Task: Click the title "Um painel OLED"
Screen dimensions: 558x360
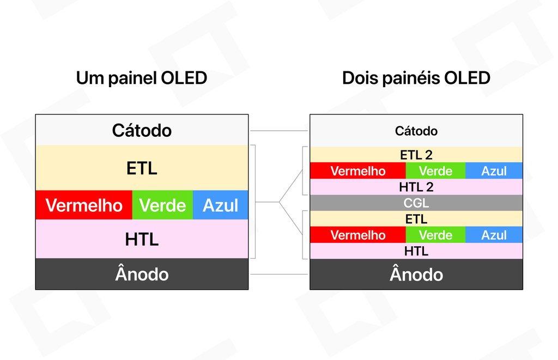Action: tap(142, 78)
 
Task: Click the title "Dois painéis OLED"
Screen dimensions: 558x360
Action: tap(416, 78)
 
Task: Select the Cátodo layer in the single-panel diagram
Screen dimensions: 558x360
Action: tap(142, 130)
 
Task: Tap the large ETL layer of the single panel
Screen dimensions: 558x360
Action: tap(142, 168)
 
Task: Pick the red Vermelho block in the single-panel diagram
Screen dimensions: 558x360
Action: tap(84, 205)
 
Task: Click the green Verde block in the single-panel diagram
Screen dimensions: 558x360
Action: tap(162, 205)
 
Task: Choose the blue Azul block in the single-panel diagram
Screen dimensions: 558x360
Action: tap(221, 205)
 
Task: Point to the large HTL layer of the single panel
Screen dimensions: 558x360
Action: tap(142, 239)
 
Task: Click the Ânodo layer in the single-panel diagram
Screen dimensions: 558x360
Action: tap(142, 274)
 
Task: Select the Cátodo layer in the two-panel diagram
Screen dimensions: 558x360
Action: tap(416, 131)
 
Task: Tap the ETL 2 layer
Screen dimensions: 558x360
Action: tap(416, 155)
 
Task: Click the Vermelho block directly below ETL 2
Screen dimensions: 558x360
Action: tap(358, 171)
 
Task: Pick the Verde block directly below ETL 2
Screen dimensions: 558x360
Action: tap(435, 171)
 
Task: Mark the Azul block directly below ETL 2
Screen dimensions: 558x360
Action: tap(494, 171)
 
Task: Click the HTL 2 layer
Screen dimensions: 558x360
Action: tap(416, 187)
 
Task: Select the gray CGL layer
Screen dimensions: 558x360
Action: tap(416, 203)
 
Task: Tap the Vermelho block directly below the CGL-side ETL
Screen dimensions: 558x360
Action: tap(358, 235)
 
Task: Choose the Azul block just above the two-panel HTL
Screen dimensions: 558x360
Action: tap(494, 235)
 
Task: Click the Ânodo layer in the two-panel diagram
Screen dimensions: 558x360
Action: tap(416, 274)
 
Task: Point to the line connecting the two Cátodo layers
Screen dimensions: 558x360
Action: tap(279, 131)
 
